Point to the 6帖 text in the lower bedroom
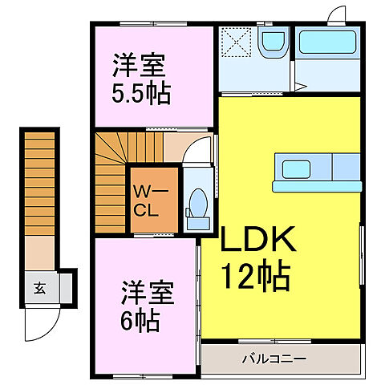[x=141, y=321]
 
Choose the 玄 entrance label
[x=38, y=287]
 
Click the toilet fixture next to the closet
[x=196, y=204]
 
